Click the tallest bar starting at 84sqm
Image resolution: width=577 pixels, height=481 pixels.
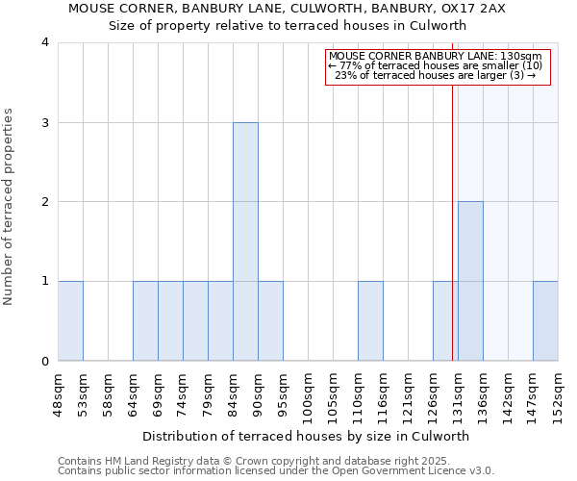point(245,241)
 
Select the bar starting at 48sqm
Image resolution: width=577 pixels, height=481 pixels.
point(70,321)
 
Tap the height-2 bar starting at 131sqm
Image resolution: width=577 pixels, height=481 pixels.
point(470,281)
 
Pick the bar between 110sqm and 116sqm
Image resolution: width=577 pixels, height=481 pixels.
point(370,321)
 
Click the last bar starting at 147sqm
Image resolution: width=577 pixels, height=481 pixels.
point(545,321)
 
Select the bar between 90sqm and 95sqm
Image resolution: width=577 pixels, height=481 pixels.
point(270,321)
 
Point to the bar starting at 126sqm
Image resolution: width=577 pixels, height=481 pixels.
point(445,321)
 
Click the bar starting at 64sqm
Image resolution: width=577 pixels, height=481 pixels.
point(145,321)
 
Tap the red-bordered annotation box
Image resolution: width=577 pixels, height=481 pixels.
point(438,66)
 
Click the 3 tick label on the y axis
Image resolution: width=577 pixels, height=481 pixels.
point(45,122)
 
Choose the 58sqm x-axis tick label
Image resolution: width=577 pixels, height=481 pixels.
point(108,390)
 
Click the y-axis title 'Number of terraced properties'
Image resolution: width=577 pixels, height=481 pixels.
point(9,207)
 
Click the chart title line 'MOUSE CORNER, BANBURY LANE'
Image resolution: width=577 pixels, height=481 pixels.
point(287,9)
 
